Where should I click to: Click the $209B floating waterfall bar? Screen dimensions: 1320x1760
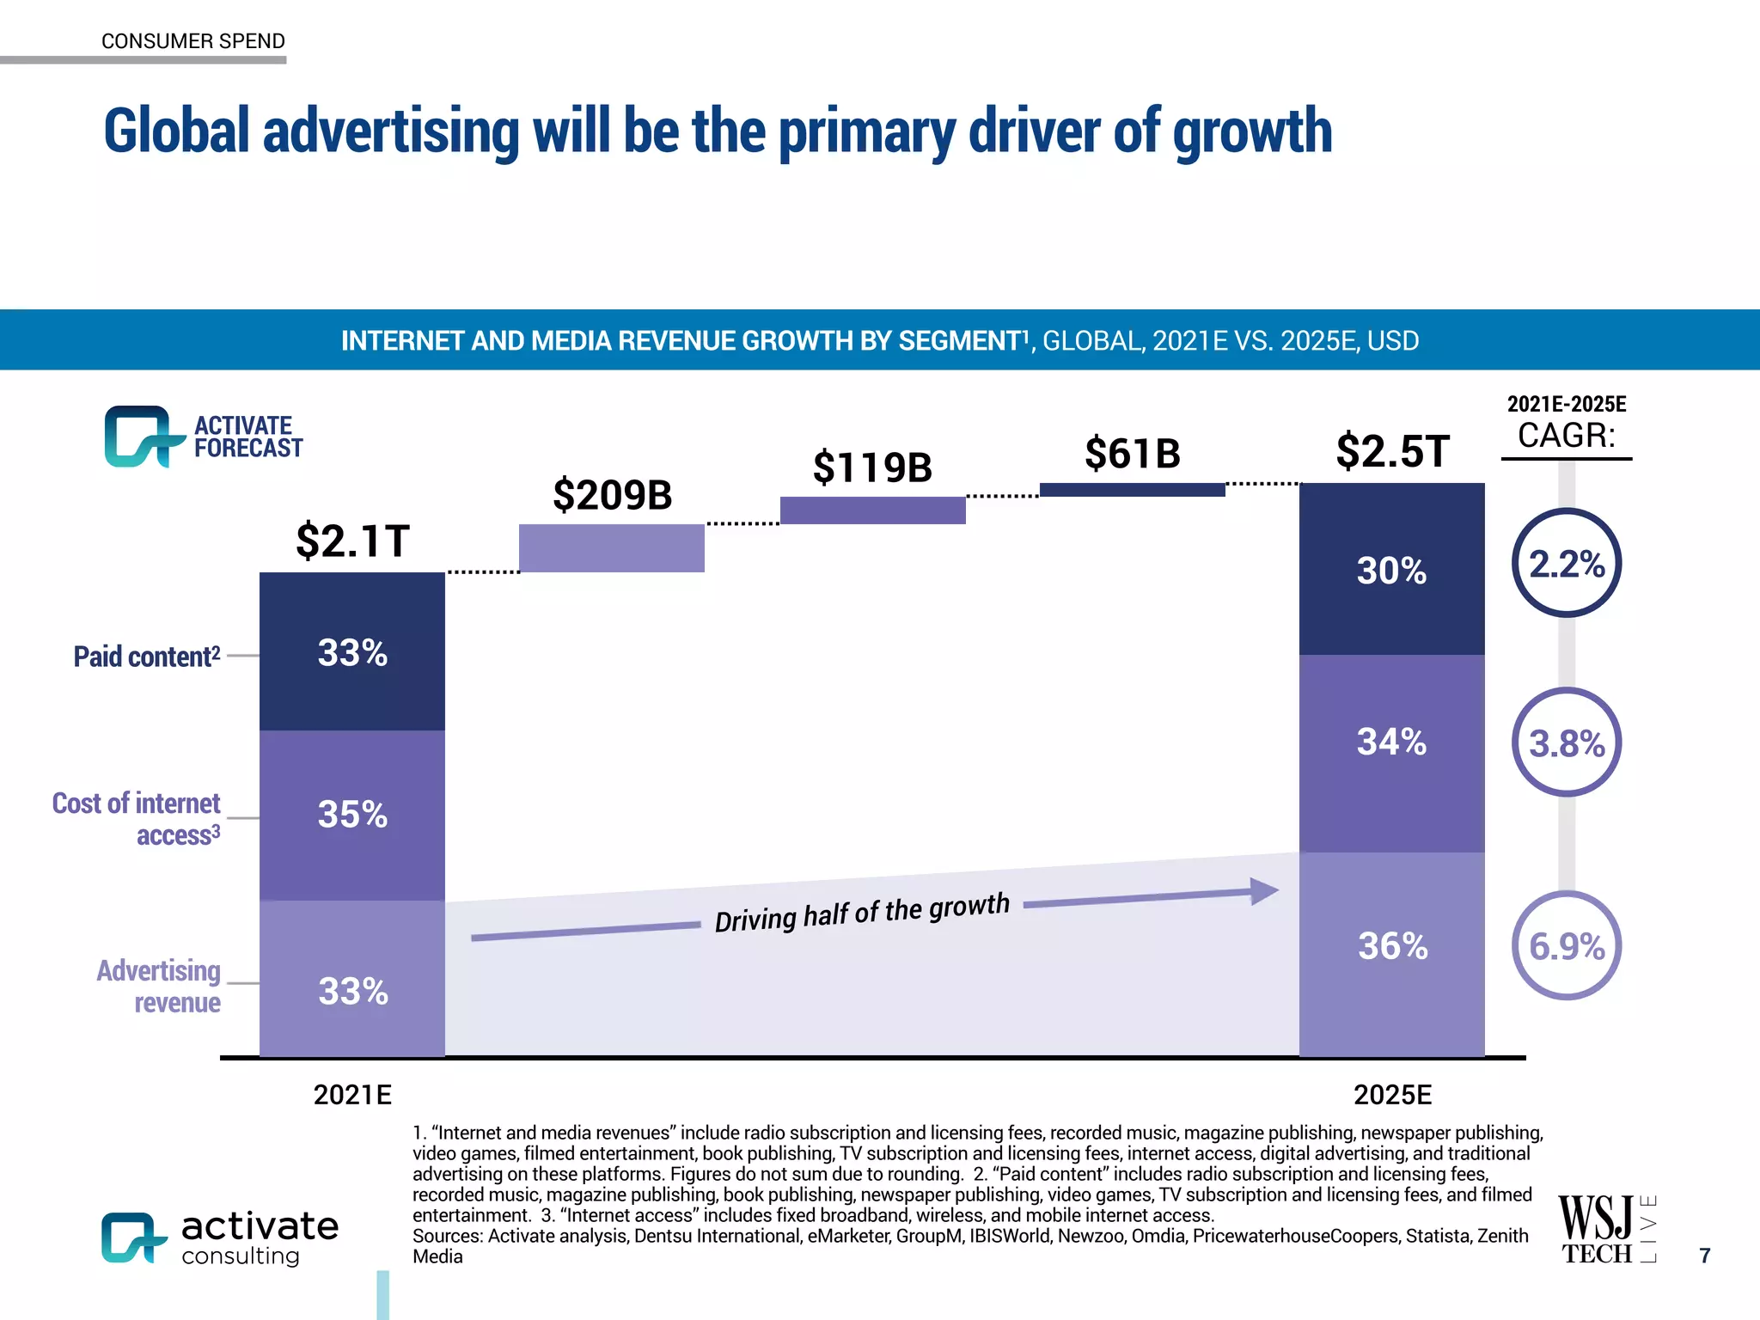click(x=611, y=547)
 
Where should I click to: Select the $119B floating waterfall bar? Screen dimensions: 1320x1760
click(x=872, y=510)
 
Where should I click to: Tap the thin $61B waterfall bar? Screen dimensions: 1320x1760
click(x=1132, y=490)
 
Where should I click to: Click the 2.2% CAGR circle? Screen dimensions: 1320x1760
click(x=1566, y=563)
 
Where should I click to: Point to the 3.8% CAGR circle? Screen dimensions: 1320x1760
click(x=1566, y=742)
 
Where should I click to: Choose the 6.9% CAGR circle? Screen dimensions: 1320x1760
click(x=1566, y=945)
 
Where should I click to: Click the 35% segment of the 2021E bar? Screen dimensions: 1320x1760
click(x=352, y=815)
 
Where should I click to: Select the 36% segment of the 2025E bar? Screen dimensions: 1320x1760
click(x=1391, y=954)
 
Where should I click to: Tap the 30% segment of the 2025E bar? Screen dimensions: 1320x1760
click(x=1391, y=569)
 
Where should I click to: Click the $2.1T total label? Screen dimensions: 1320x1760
click(x=352, y=541)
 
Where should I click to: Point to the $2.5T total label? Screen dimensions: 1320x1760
click(x=1392, y=452)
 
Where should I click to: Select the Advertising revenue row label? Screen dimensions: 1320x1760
click(x=159, y=987)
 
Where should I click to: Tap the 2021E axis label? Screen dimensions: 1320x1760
click(x=352, y=1095)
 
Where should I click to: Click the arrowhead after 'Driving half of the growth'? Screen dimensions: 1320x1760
click(x=1263, y=891)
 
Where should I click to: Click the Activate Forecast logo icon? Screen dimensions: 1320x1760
click(x=137, y=437)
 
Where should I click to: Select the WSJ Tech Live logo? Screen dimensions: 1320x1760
click(x=1605, y=1229)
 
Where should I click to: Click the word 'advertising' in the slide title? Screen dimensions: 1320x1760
click(x=391, y=131)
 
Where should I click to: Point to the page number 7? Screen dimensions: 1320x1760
click(x=1705, y=1256)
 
